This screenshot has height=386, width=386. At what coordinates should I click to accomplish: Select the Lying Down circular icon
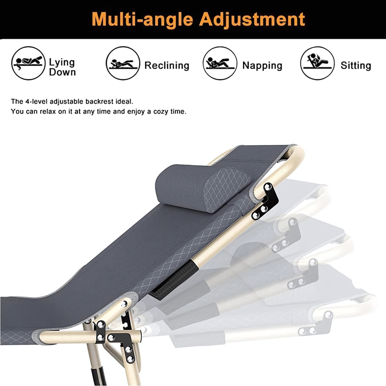click(29, 63)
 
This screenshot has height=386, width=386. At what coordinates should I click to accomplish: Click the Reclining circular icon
click(123, 63)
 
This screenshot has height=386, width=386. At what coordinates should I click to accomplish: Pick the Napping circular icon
click(220, 63)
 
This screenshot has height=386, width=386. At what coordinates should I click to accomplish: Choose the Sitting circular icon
click(317, 63)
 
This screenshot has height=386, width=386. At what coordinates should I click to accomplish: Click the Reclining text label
click(167, 65)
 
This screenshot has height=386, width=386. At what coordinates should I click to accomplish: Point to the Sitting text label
click(356, 66)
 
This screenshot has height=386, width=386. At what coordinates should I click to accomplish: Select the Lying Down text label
click(62, 67)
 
